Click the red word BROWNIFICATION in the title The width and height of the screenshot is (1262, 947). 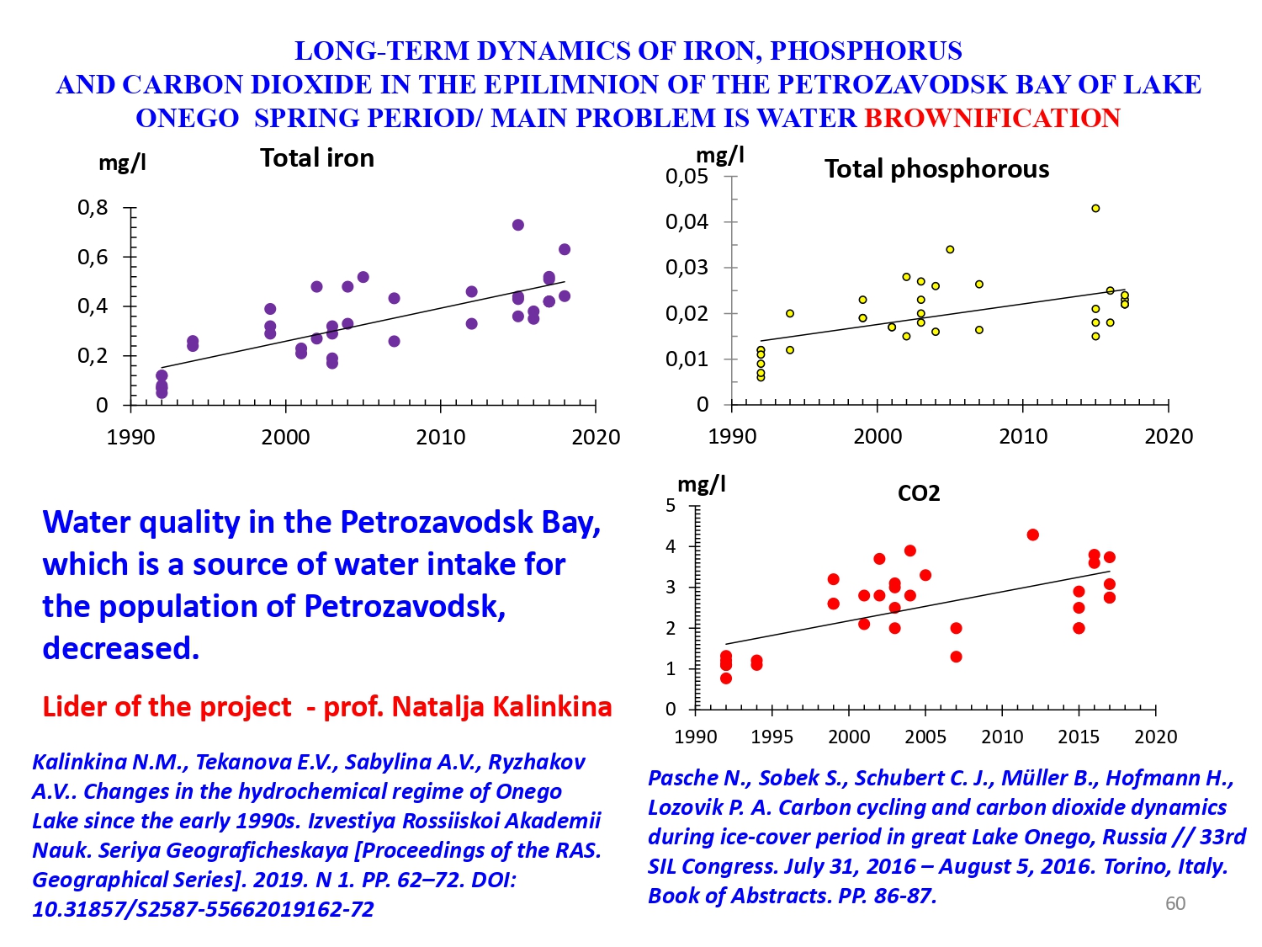point(992,118)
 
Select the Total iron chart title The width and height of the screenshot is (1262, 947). point(316,158)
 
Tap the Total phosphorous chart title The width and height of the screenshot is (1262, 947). point(936,169)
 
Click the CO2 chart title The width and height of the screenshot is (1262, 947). point(919,493)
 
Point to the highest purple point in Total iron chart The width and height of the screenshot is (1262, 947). point(518,225)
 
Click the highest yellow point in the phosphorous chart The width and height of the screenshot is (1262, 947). point(1095,208)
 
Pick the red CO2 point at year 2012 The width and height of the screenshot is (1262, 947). point(1033,535)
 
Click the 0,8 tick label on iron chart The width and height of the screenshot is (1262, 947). point(93,207)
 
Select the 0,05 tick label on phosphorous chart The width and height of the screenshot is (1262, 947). point(687,177)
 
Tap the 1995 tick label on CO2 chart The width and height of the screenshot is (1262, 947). point(772,737)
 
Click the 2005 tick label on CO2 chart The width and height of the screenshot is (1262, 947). point(925,737)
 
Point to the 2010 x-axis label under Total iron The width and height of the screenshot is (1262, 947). point(441,437)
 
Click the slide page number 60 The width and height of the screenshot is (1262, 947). point(1175,903)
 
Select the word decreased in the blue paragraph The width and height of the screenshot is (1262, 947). point(120,648)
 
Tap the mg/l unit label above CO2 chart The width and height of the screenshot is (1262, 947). point(702,484)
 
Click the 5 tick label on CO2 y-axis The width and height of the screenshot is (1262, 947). point(671,505)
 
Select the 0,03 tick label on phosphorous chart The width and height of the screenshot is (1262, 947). point(687,268)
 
